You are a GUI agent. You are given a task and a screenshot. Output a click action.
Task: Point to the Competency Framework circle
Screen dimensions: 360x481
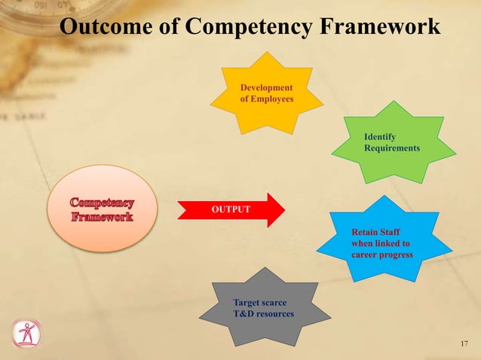point(103,209)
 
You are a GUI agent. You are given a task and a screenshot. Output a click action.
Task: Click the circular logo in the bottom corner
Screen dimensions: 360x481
point(26,334)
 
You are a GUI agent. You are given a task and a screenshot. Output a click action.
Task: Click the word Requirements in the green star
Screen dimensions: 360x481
point(391,148)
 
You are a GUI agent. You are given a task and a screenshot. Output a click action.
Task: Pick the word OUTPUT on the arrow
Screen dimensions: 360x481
point(229,209)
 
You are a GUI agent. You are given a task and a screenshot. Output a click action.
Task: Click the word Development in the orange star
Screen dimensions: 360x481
point(266,88)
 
